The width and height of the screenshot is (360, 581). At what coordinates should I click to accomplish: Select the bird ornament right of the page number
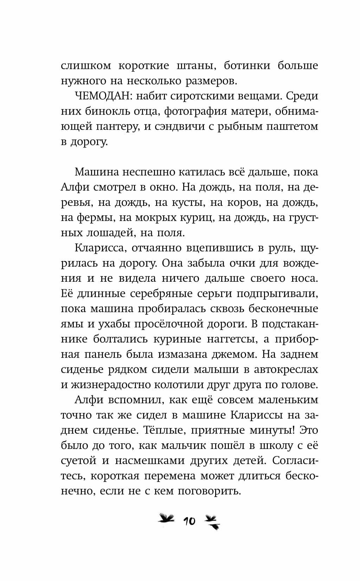pyautogui.click(x=212, y=521)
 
